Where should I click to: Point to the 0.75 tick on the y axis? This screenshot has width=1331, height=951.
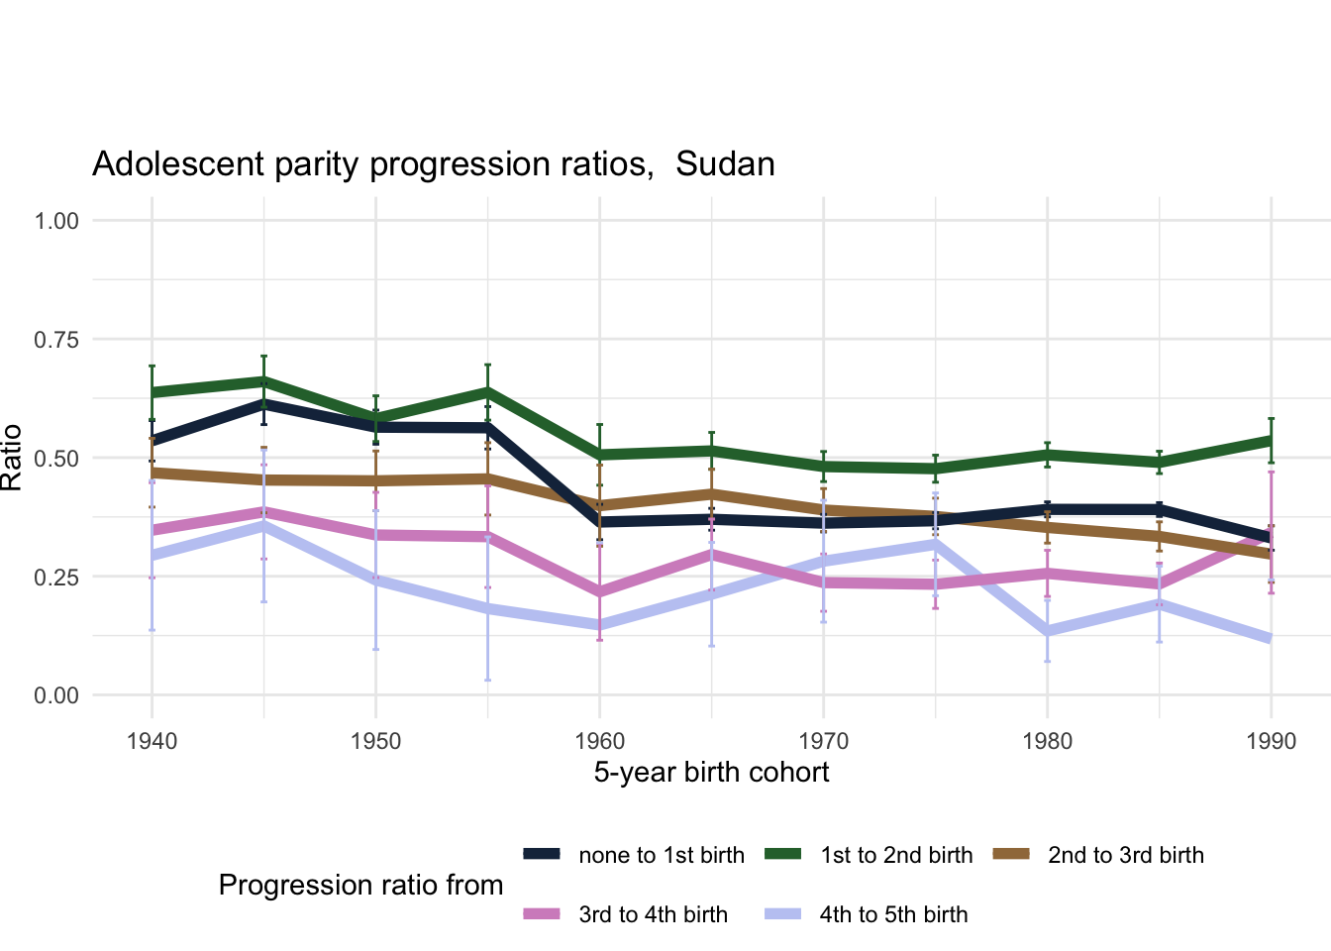point(56,340)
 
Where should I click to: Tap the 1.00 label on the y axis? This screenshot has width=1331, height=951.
point(56,221)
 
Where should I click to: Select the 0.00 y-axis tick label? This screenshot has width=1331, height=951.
point(56,695)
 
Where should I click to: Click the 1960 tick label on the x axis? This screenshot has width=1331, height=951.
point(599,742)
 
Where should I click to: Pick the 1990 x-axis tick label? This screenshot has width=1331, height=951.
point(1272,742)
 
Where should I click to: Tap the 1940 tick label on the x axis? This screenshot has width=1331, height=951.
point(152,742)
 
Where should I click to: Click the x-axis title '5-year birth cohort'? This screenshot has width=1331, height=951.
point(711,773)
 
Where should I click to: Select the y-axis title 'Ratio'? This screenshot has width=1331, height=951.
point(12,458)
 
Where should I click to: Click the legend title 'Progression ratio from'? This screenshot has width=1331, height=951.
point(360,885)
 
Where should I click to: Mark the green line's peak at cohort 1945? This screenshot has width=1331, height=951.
point(263,380)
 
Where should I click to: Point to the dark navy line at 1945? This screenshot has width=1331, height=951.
point(263,403)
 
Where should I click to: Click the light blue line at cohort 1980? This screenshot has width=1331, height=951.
point(1048,631)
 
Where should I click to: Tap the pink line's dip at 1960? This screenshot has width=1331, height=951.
point(599,592)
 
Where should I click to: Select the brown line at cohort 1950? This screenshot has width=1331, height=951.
point(375,480)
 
